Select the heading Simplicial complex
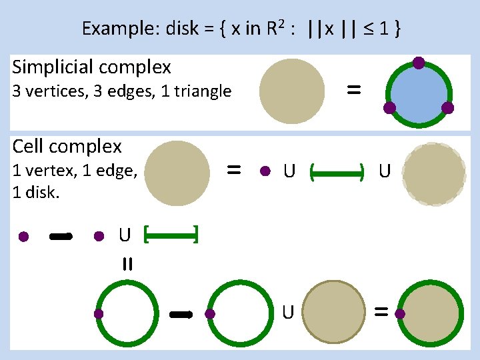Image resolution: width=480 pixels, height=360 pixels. tap(92, 67)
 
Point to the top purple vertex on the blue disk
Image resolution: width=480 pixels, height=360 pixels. tap(419, 63)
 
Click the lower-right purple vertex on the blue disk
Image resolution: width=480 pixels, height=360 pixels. tap(447, 107)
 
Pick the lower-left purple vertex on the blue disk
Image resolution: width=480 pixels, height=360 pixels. tap(390, 107)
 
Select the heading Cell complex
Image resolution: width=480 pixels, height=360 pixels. tap(67, 146)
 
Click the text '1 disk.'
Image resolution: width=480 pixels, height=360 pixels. tap(36, 193)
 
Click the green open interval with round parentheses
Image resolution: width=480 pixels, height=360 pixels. tap(337, 173)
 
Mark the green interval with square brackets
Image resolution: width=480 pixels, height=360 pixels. tap(171, 234)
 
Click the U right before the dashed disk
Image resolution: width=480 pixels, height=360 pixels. tap(384, 172)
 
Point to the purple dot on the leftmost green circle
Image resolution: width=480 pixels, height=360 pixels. tap(99, 313)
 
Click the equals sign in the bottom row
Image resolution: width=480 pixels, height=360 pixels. tap(381, 311)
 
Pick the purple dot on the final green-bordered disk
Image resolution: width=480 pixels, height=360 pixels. tap(400, 313)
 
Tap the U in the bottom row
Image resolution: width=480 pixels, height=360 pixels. tap(288, 311)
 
